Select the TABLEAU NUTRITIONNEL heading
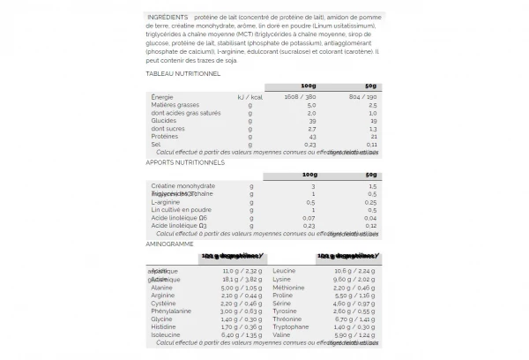pos(183,74)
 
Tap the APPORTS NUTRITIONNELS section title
pos(185,162)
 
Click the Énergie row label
pos(162,96)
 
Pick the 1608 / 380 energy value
pos(299,96)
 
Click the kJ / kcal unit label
pos(250,96)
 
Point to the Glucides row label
pos(164,120)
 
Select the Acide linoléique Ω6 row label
pos(179,217)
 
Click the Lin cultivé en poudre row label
pos(180,209)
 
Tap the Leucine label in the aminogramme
pos(284,271)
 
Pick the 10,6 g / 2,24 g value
pos(357,271)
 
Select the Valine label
pos(281,334)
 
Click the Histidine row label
pos(164,326)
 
